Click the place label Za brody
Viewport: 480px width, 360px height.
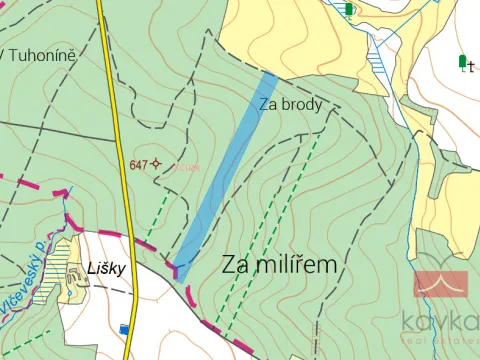pyautogui.click(x=291, y=103)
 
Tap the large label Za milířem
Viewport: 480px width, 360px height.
pyautogui.click(x=279, y=265)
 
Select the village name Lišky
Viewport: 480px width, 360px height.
pyautogui.click(x=105, y=268)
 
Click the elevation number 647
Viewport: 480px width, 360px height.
pyautogui.click(x=139, y=163)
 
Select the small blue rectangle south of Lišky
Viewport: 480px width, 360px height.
pyautogui.click(x=124, y=328)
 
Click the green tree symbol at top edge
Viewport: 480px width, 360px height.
pyautogui.click(x=348, y=9)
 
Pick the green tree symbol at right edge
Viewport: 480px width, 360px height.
pyautogui.click(x=462, y=62)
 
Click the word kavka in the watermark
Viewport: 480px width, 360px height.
pyautogui.click(x=440, y=321)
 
